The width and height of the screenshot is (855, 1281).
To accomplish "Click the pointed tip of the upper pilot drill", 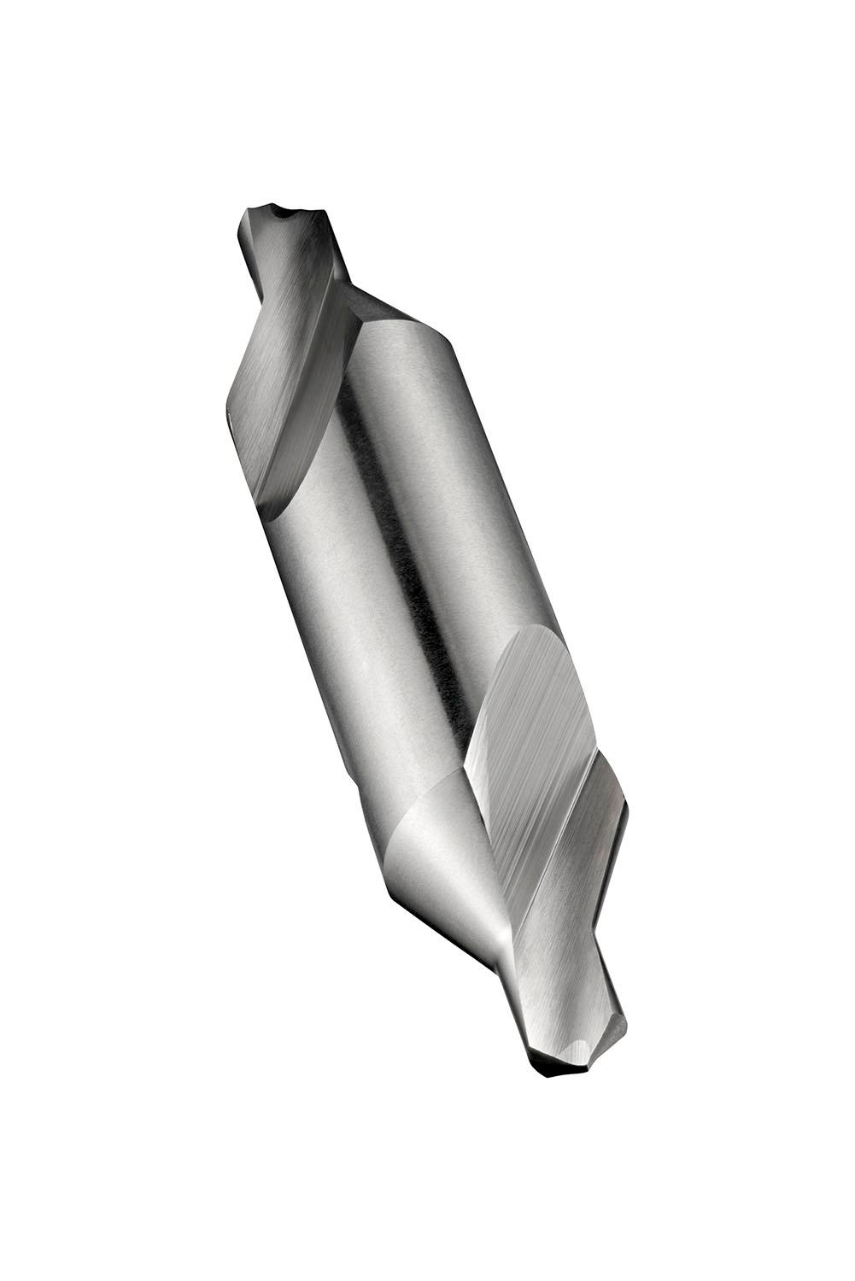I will click(256, 210).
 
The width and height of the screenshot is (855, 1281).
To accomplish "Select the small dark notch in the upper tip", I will click(278, 208).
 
